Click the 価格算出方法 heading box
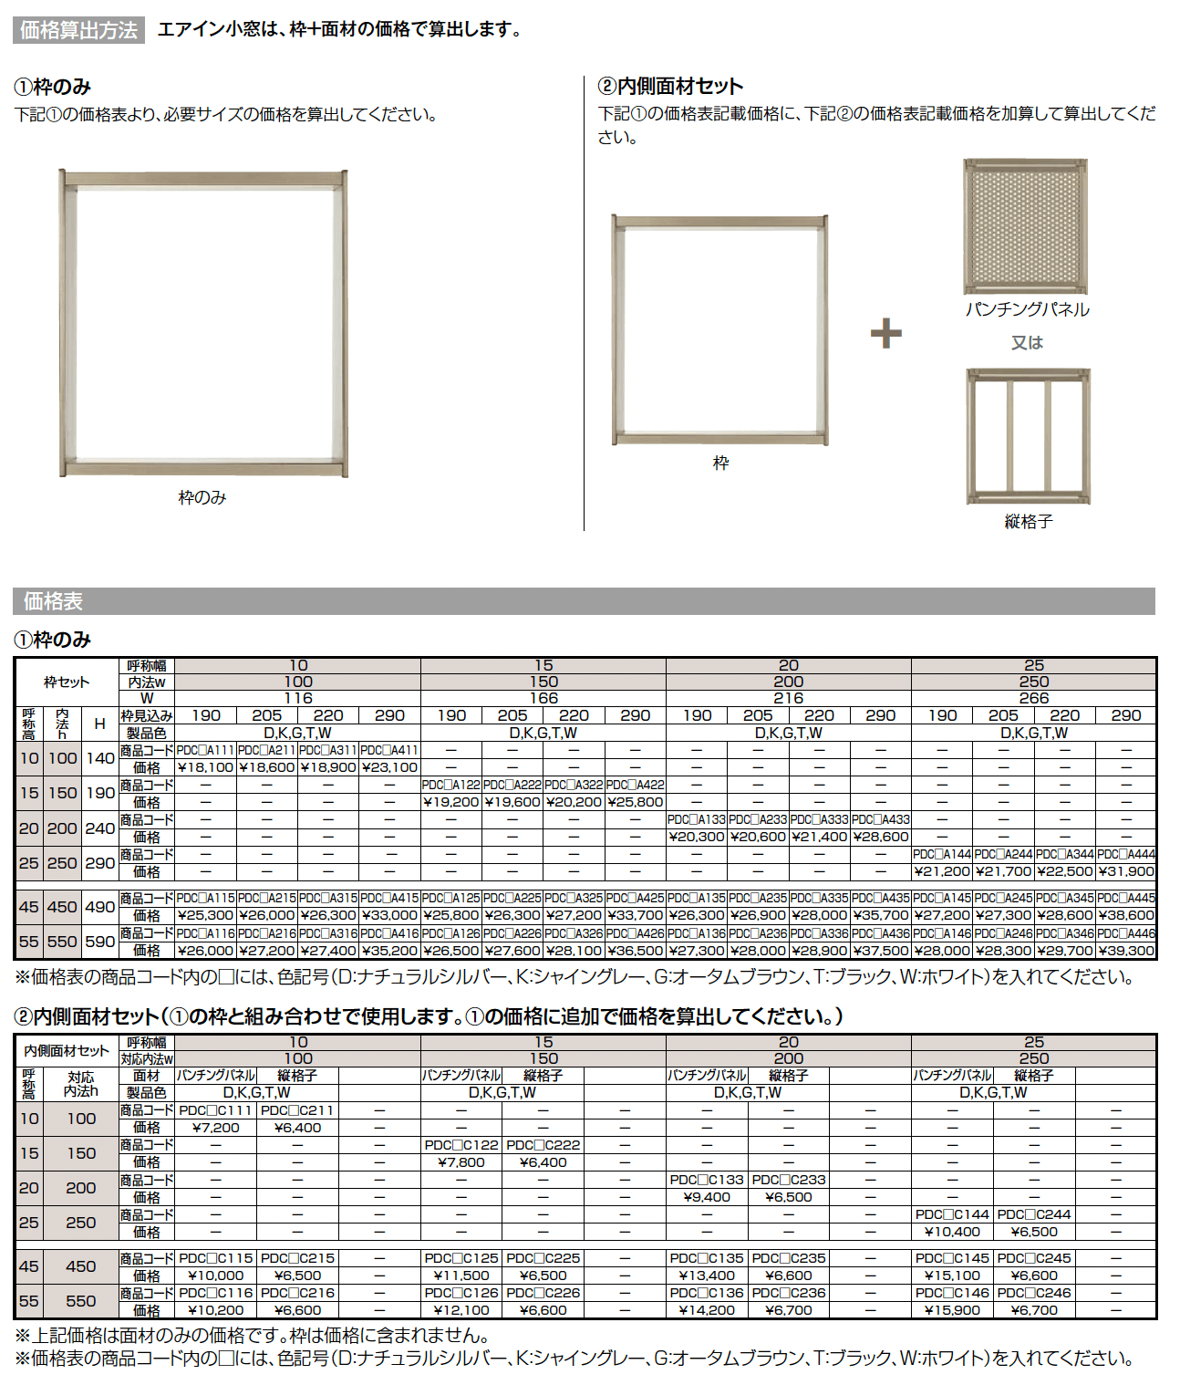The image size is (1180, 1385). point(79,30)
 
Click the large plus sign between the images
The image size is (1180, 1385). point(885,333)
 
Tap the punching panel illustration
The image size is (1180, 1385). point(1026,226)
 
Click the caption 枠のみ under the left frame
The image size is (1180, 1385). point(202,497)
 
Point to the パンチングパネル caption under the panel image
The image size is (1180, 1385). point(1028,309)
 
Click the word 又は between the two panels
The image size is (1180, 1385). point(1027,342)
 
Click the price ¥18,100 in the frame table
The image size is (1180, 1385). point(206,767)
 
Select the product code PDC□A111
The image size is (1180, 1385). point(206,750)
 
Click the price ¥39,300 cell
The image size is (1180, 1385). point(1126,950)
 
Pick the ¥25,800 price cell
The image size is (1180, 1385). point(635,802)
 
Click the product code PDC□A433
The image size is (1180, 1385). point(881,819)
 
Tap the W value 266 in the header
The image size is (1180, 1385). point(1033,698)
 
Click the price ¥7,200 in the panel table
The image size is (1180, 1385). point(216,1128)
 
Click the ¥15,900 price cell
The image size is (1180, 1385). point(952,1310)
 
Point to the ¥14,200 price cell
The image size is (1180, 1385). point(707,1310)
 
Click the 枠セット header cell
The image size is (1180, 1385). point(67,682)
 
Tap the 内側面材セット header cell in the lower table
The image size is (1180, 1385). point(67,1051)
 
